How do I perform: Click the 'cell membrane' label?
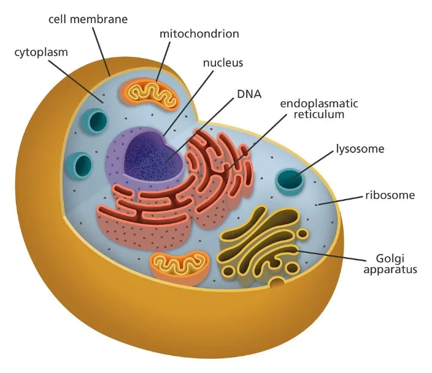point(88,19)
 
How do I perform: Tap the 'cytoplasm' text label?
point(40,52)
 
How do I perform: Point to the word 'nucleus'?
point(223,62)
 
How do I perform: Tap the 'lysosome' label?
point(360,149)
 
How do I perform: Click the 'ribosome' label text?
point(390,196)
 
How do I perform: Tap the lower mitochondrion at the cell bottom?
point(180,264)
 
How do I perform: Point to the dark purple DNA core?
point(153,156)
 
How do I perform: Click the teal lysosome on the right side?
point(289,179)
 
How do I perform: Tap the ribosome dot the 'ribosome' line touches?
point(317,205)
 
